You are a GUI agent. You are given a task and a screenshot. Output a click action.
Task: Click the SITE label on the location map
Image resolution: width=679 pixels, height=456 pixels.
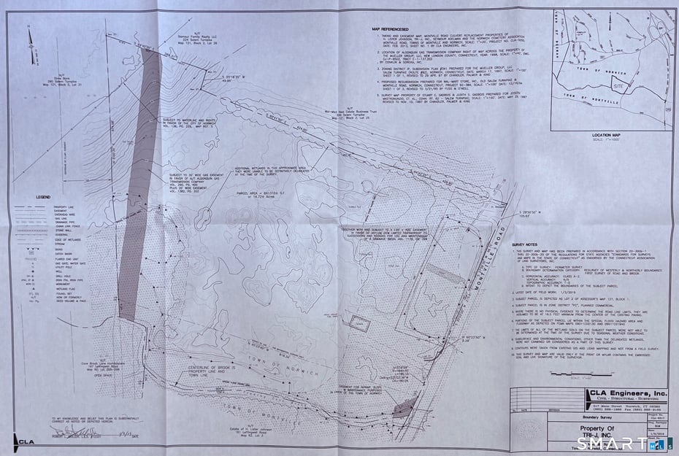point(619,85)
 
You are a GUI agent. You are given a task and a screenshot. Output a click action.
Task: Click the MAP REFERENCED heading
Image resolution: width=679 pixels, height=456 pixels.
point(395,29)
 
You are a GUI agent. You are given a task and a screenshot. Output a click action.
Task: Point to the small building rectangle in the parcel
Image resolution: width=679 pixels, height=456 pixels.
point(356,324)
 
